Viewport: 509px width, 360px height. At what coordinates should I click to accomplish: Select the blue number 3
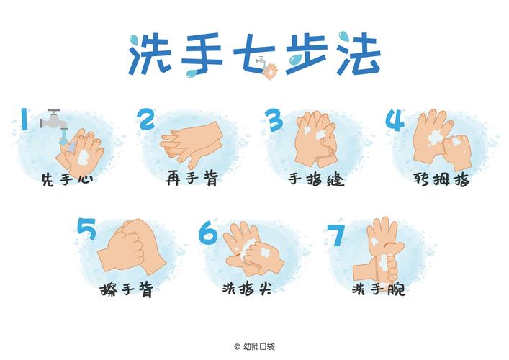coord(273,120)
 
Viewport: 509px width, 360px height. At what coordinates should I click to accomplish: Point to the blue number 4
coord(395,120)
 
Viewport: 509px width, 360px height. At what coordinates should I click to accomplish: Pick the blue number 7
coord(336,235)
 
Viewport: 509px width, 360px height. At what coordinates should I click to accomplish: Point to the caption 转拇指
coord(442,179)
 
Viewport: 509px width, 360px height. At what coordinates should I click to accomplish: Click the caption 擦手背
coord(127,290)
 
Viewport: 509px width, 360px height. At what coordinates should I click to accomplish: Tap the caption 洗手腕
coord(378,289)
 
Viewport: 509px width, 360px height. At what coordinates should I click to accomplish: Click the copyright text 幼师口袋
coord(258,346)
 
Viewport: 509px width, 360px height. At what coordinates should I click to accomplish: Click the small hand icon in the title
coord(271,70)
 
